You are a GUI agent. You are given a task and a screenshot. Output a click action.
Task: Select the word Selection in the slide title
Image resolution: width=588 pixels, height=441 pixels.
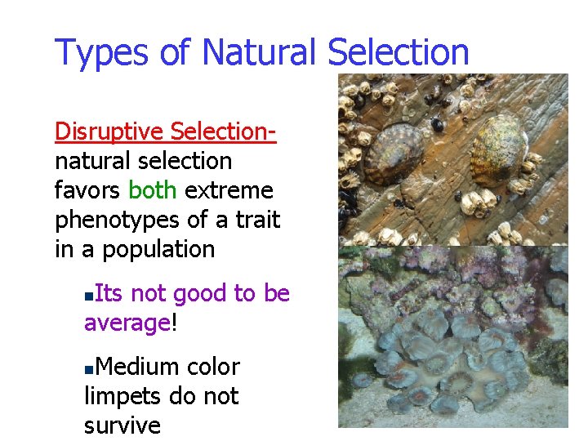pyautogui.click(x=399, y=52)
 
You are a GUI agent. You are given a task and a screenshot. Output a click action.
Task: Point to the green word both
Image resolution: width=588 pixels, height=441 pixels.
pyautogui.click(x=153, y=190)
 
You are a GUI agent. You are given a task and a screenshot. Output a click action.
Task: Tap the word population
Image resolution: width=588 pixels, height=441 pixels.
pyautogui.click(x=158, y=250)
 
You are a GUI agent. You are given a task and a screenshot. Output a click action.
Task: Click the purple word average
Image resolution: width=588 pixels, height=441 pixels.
pyautogui.click(x=127, y=323)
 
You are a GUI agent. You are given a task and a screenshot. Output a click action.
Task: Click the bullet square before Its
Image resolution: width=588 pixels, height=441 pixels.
pyautogui.click(x=89, y=295)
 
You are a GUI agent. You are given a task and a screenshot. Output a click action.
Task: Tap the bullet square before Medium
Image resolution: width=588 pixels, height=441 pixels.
pyautogui.click(x=89, y=368)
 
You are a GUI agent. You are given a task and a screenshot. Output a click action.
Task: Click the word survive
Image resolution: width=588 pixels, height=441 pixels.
pyautogui.click(x=122, y=425)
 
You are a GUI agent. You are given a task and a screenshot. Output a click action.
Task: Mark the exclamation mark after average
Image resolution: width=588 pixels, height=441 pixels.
pyautogui.click(x=173, y=323)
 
